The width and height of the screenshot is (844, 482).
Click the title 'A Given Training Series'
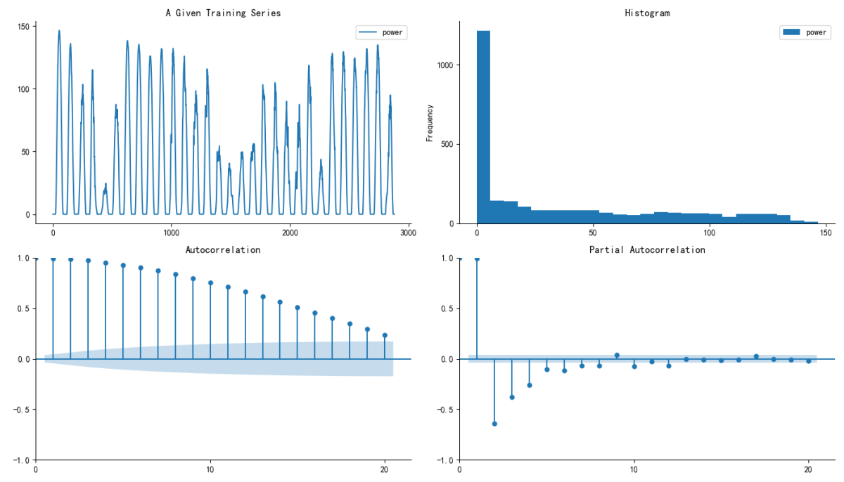point(223,13)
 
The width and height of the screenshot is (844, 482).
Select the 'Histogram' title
point(646,13)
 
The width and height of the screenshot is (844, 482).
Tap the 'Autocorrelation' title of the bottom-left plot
point(223,249)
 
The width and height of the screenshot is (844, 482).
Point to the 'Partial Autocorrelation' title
point(646,249)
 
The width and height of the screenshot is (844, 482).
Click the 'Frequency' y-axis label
point(430,123)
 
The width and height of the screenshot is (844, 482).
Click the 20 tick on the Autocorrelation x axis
point(385,469)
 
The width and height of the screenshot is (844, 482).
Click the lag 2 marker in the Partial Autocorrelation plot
point(494,424)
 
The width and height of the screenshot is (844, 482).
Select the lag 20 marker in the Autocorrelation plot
point(385,335)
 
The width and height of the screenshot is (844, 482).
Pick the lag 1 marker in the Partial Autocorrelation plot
point(477,259)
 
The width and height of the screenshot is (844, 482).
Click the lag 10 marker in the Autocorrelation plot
point(210,283)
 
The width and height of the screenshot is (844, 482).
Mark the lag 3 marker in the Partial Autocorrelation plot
point(512,397)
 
